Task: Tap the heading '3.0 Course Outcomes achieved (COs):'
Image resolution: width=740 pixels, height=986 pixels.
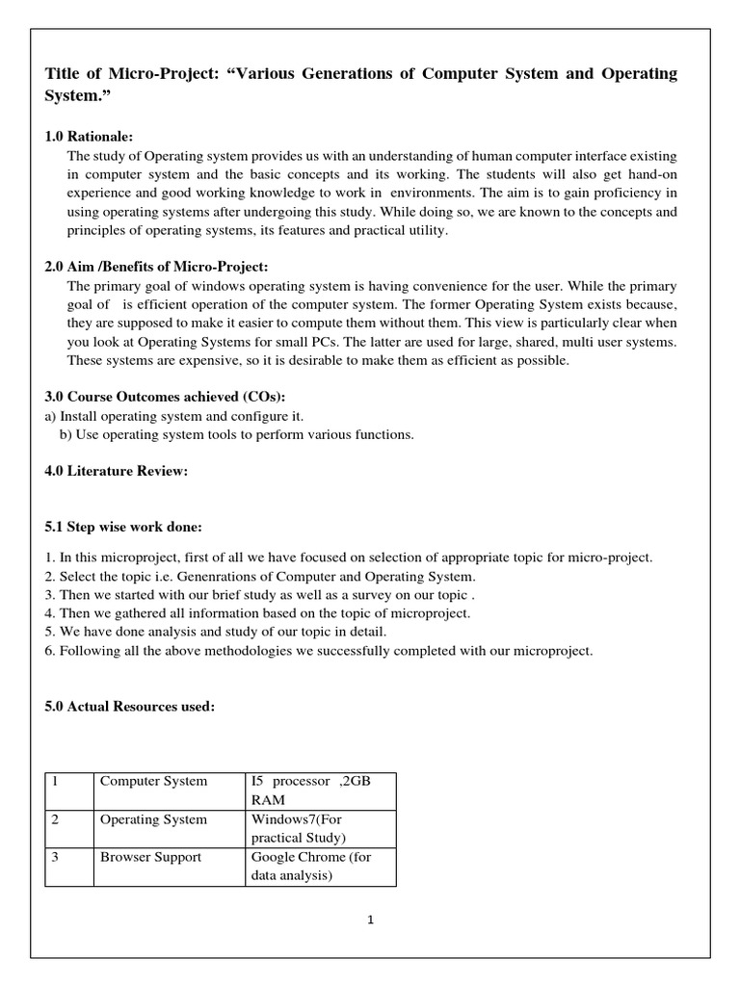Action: coord(165,397)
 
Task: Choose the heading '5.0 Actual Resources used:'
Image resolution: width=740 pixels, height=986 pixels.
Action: coord(130,706)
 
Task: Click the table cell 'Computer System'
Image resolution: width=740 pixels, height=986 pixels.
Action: coord(154,781)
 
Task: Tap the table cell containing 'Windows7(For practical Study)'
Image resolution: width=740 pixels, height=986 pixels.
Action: coord(320,828)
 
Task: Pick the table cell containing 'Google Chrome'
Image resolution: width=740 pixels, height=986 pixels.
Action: coord(320,866)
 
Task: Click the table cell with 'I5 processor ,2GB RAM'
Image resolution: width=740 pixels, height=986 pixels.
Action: coord(320,790)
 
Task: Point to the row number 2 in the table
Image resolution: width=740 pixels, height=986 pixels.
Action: coord(57,819)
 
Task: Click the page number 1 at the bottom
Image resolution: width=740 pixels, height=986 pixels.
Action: coord(370,920)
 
